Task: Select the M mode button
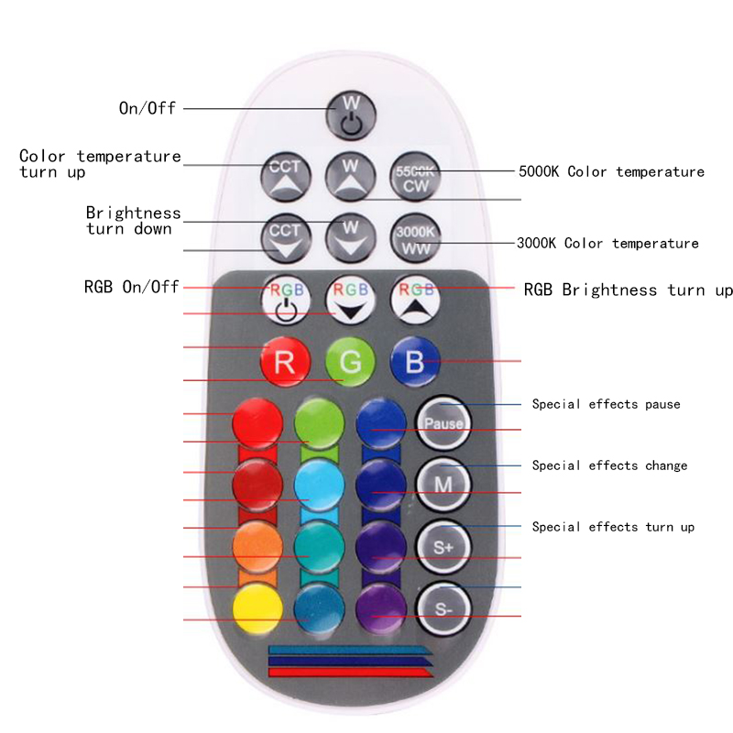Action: [443, 483]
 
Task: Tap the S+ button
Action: [443, 545]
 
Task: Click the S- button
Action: [443, 606]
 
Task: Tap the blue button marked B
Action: [415, 361]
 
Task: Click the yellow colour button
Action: [257, 607]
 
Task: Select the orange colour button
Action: [257, 545]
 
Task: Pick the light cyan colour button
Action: [320, 483]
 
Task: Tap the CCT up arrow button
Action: [284, 177]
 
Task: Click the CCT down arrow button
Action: [284, 238]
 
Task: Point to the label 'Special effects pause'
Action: [606, 404]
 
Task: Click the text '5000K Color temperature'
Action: [611, 171]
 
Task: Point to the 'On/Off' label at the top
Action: [147, 108]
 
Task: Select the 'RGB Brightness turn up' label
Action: [628, 290]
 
